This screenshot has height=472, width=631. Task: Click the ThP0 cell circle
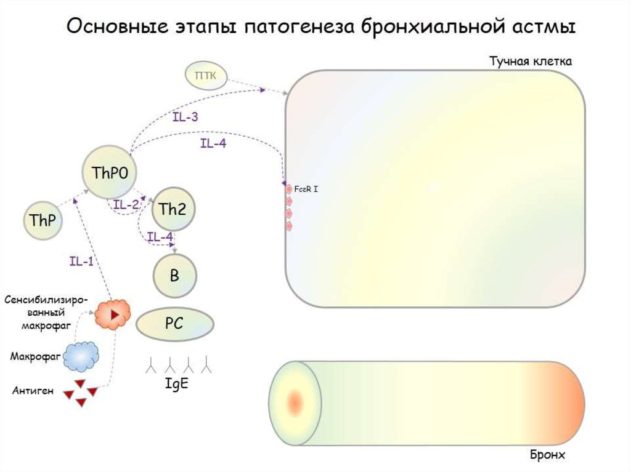tap(110, 172)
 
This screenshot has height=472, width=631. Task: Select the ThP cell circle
tap(43, 220)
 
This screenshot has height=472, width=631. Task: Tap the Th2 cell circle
tap(173, 209)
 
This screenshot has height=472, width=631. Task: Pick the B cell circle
tap(174, 276)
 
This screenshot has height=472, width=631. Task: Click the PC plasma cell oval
tap(174, 324)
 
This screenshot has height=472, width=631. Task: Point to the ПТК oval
tap(206, 75)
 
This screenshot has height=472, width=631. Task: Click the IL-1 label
tap(81, 262)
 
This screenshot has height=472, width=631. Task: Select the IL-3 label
tap(185, 117)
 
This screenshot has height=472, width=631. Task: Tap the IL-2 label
tap(126, 204)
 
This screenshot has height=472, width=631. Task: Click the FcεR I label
tap(306, 189)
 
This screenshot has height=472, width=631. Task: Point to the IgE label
tap(177, 383)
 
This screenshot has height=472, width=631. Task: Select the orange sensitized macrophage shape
tap(113, 314)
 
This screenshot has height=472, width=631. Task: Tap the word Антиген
tap(33, 390)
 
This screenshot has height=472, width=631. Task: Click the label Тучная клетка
tap(531, 61)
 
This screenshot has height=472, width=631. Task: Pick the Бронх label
tap(547, 455)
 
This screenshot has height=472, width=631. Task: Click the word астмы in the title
tap(544, 26)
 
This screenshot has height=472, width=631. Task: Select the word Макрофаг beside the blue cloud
tap(36, 356)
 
